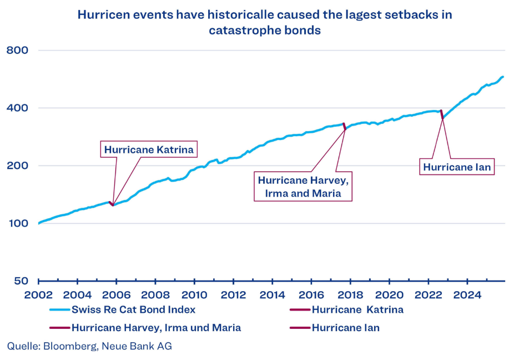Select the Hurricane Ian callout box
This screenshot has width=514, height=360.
coord(457,166)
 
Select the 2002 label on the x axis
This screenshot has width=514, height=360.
coord(38,294)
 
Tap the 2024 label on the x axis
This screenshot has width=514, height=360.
coord(467,294)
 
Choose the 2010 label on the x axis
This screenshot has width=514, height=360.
coord(194,294)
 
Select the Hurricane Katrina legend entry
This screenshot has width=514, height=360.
coord(357,309)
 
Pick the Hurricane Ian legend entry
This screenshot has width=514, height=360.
coord(345,328)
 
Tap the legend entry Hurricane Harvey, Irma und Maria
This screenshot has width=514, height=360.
coord(156,328)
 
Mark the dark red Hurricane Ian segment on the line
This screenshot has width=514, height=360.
coord(442,114)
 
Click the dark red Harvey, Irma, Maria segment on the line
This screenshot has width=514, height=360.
coord(344,127)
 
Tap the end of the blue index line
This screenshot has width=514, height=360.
coord(503,77)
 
